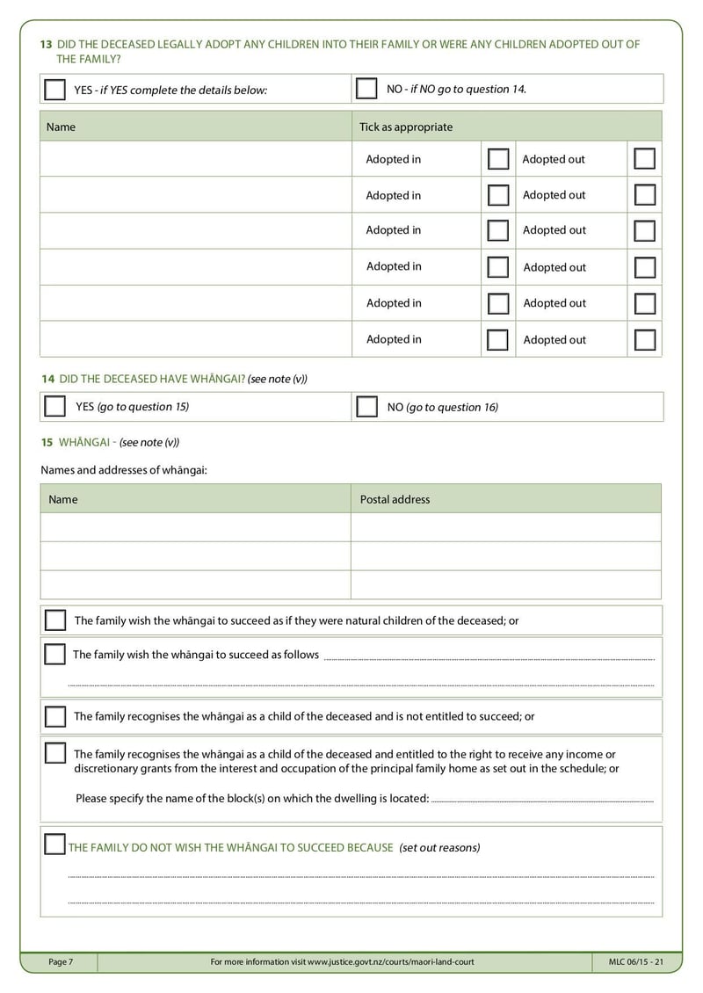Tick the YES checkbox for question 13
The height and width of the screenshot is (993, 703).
54,90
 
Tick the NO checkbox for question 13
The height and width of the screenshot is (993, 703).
366,89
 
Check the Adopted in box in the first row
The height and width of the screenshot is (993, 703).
498,159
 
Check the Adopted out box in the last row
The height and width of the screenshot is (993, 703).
644,339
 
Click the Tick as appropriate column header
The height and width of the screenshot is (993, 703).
406,127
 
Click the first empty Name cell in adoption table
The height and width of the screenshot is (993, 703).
195,159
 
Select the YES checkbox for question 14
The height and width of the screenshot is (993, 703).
54,407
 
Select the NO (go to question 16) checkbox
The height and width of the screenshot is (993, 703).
367,407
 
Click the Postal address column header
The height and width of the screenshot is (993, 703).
395,499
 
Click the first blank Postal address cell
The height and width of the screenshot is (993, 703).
505,527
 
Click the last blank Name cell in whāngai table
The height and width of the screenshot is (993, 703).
195,584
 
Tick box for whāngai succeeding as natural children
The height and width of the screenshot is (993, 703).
55,620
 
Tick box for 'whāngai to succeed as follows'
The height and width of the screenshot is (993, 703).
54,655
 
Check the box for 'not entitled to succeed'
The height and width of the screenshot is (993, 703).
55,716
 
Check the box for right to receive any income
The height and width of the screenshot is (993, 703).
55,754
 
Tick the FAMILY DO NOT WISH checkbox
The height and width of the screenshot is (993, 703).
54,846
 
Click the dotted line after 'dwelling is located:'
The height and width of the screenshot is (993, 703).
542,800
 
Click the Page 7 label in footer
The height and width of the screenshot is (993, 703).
61,962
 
